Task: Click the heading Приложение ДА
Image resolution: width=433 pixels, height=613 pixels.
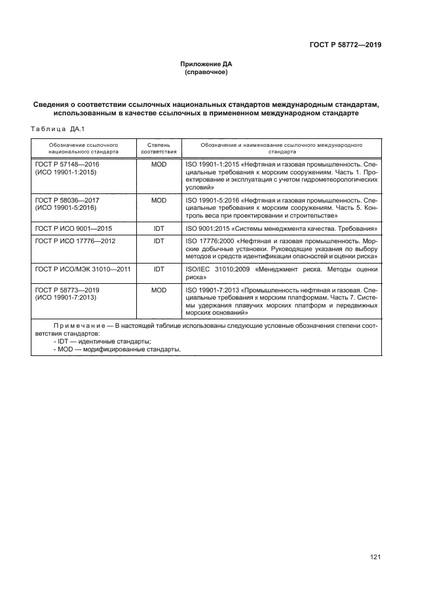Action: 206,64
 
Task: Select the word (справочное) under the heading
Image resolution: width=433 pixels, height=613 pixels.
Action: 206,73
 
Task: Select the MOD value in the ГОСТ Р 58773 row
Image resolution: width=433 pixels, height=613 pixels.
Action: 159,289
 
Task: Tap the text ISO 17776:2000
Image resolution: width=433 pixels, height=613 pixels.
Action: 211,241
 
